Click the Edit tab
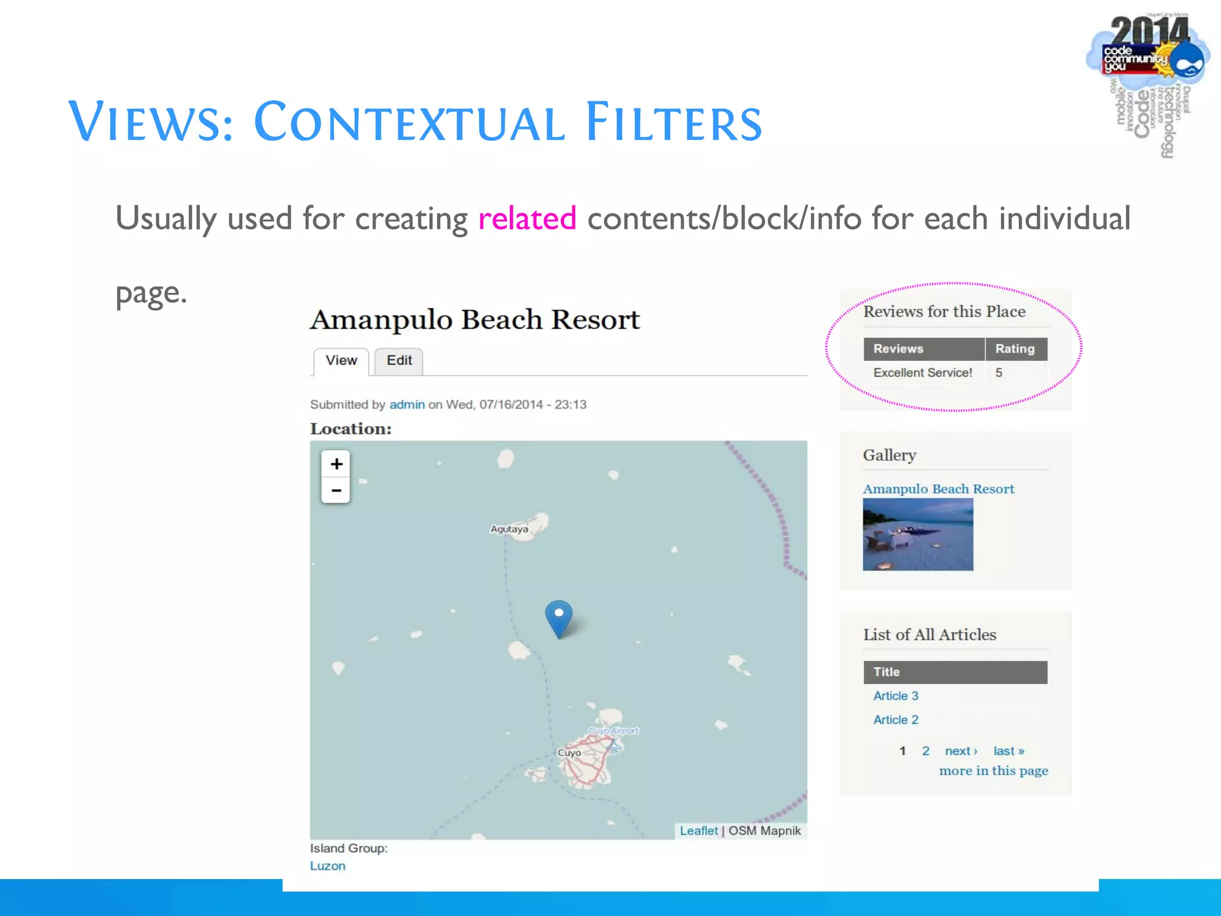(399, 361)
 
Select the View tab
(341, 361)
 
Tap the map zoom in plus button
(336, 464)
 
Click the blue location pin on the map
(559, 618)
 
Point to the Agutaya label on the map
(509, 529)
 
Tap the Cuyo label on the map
(569, 753)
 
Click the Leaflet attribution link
(699, 831)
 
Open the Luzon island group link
(327, 866)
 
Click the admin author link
(407, 404)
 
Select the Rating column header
(1015, 349)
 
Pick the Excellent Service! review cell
(922, 373)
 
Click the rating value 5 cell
(999, 373)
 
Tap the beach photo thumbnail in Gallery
(918, 534)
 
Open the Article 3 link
(895, 696)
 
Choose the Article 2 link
(895, 720)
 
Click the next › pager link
(960, 751)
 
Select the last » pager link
(1008, 751)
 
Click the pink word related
(527, 218)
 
